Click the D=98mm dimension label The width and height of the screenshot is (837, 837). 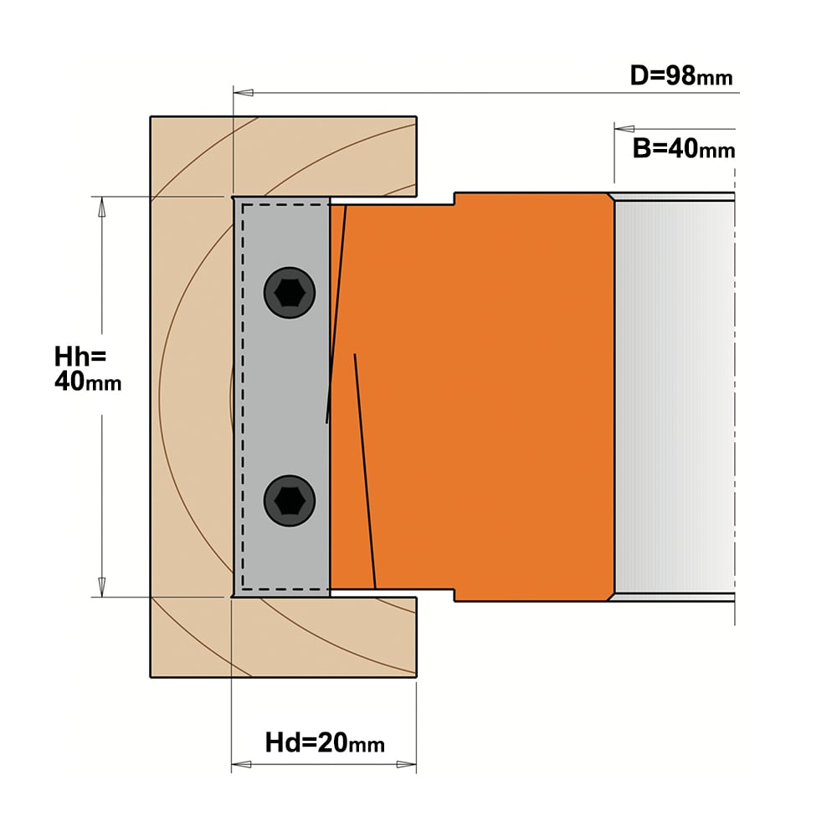click(681, 76)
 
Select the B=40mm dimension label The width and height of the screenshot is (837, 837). click(683, 148)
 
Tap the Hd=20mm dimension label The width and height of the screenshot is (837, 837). click(325, 742)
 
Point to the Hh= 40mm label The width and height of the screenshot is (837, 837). click(88, 369)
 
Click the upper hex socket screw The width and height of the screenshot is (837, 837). click(290, 292)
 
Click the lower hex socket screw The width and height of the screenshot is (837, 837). click(290, 501)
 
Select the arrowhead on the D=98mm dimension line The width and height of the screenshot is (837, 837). click(244, 92)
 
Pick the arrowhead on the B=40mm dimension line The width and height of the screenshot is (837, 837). click(624, 129)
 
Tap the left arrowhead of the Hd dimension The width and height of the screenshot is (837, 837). click(241, 764)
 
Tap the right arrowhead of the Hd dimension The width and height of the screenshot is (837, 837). click(406, 764)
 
